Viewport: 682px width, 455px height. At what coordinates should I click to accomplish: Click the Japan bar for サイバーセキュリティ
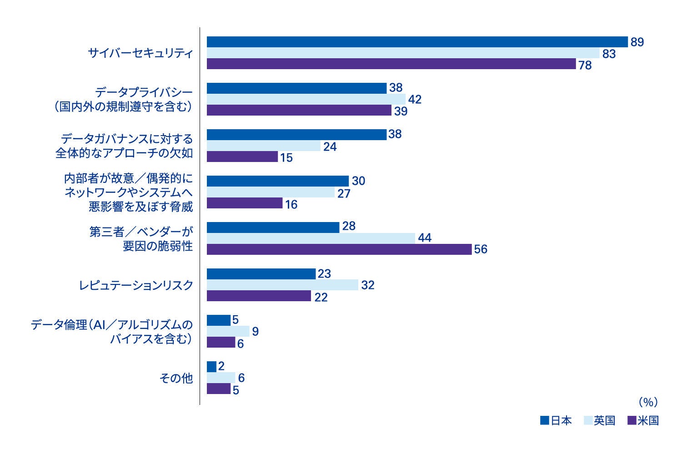pos(417,42)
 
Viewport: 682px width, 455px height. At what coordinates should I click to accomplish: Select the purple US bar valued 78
pos(391,64)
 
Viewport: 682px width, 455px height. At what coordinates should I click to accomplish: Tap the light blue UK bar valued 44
pos(311,238)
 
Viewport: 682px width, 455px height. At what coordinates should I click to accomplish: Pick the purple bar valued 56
pos(339,249)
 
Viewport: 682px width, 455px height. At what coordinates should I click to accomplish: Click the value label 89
pos(637,42)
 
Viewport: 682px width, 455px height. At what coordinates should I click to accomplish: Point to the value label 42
pos(415,99)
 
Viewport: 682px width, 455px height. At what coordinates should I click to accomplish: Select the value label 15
pos(286,158)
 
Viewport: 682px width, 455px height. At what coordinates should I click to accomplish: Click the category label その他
pos(176,378)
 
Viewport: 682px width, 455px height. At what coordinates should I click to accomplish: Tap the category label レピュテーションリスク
pos(136,285)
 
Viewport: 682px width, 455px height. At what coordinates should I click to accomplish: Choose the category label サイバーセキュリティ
pos(140,53)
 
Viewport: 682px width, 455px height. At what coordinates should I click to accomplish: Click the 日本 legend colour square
pos(544,420)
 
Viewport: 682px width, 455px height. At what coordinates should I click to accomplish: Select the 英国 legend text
pos(604,420)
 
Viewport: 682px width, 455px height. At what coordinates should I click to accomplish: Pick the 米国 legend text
pos(648,420)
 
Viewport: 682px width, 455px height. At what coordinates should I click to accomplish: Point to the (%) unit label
pos(648,402)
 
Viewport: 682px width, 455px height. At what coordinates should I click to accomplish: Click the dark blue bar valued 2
pos(211,367)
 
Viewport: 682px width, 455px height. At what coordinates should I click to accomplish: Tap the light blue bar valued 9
pos(228,331)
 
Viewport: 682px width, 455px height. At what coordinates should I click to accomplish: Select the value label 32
pos(367,285)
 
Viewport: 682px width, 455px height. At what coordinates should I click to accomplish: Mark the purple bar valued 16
pos(245,203)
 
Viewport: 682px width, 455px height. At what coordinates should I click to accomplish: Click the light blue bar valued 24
pos(264,146)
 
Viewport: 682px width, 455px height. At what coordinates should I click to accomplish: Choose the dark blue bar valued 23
pos(261,274)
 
